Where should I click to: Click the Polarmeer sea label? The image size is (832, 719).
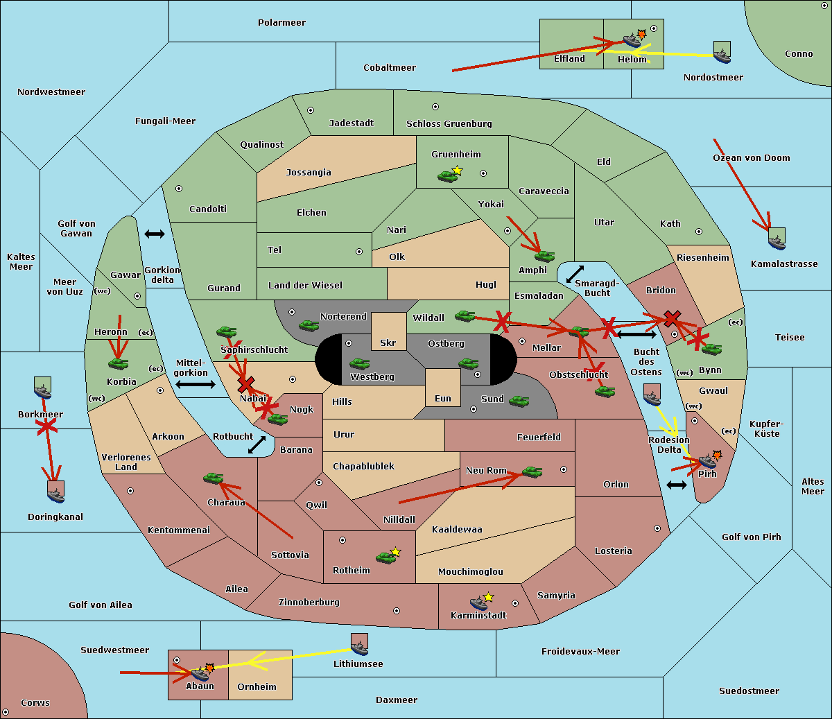(281, 23)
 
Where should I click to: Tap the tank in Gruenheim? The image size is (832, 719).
(447, 176)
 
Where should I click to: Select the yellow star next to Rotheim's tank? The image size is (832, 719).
(396, 552)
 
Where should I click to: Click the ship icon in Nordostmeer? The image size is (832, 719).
(722, 53)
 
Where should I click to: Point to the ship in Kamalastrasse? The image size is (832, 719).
(777, 240)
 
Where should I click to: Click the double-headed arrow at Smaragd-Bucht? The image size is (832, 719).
(575, 274)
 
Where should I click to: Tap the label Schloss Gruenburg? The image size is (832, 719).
(449, 124)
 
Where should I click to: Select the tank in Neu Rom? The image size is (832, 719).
(532, 472)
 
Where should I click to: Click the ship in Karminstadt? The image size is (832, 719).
(478, 603)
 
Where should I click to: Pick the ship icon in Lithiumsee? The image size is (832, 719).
(359, 646)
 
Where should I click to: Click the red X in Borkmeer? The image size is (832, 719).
(46, 426)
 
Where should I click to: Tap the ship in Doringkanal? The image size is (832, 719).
(56, 493)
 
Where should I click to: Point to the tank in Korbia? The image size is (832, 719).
(119, 363)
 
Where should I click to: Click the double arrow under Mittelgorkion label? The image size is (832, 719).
(195, 384)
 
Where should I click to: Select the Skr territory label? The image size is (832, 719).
(388, 343)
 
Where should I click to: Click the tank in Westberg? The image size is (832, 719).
(359, 363)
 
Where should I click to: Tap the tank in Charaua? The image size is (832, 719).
(213, 478)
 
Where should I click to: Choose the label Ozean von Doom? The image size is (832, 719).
(751, 158)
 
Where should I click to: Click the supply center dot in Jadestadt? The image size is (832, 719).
(311, 110)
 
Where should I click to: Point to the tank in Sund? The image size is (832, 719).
(519, 401)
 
